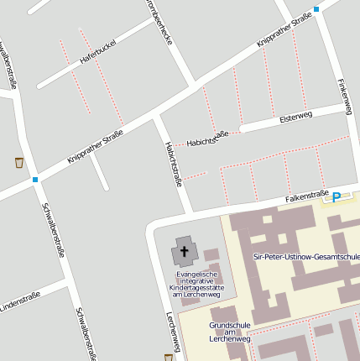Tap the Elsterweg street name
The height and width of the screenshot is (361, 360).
(295, 116)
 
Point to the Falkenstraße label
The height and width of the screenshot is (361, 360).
(306, 196)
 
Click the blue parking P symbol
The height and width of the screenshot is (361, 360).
(337, 197)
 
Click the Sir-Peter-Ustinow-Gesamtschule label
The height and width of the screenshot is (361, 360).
(306, 256)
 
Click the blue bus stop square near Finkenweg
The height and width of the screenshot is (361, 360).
(316, 9)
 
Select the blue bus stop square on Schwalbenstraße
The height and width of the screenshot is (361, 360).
(35, 179)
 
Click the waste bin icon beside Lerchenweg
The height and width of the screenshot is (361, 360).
(169, 357)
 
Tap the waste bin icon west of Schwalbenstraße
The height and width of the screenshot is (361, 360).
(18, 161)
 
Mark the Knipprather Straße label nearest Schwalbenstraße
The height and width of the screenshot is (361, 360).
(95, 144)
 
